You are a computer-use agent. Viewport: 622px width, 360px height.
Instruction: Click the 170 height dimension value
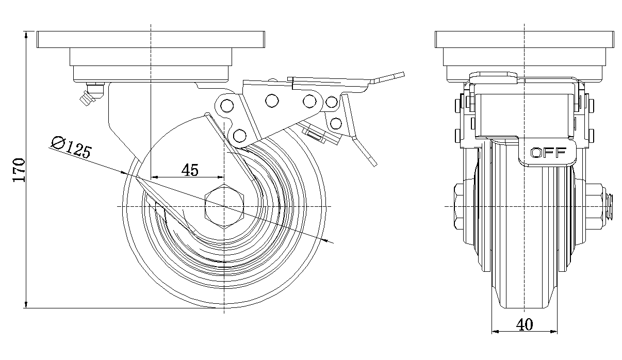[19, 170]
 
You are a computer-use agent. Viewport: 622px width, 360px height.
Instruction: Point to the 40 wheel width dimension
[525, 324]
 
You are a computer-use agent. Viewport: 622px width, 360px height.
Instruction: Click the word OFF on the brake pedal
[548, 153]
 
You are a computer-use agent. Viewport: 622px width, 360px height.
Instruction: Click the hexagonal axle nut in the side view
[224, 206]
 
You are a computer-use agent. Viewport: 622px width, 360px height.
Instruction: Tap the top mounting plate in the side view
[150, 40]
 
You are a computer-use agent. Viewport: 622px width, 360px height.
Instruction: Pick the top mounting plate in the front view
[525, 40]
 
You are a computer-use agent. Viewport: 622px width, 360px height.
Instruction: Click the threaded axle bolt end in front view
[610, 206]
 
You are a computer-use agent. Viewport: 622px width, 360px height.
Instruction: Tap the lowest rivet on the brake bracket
[239, 136]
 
